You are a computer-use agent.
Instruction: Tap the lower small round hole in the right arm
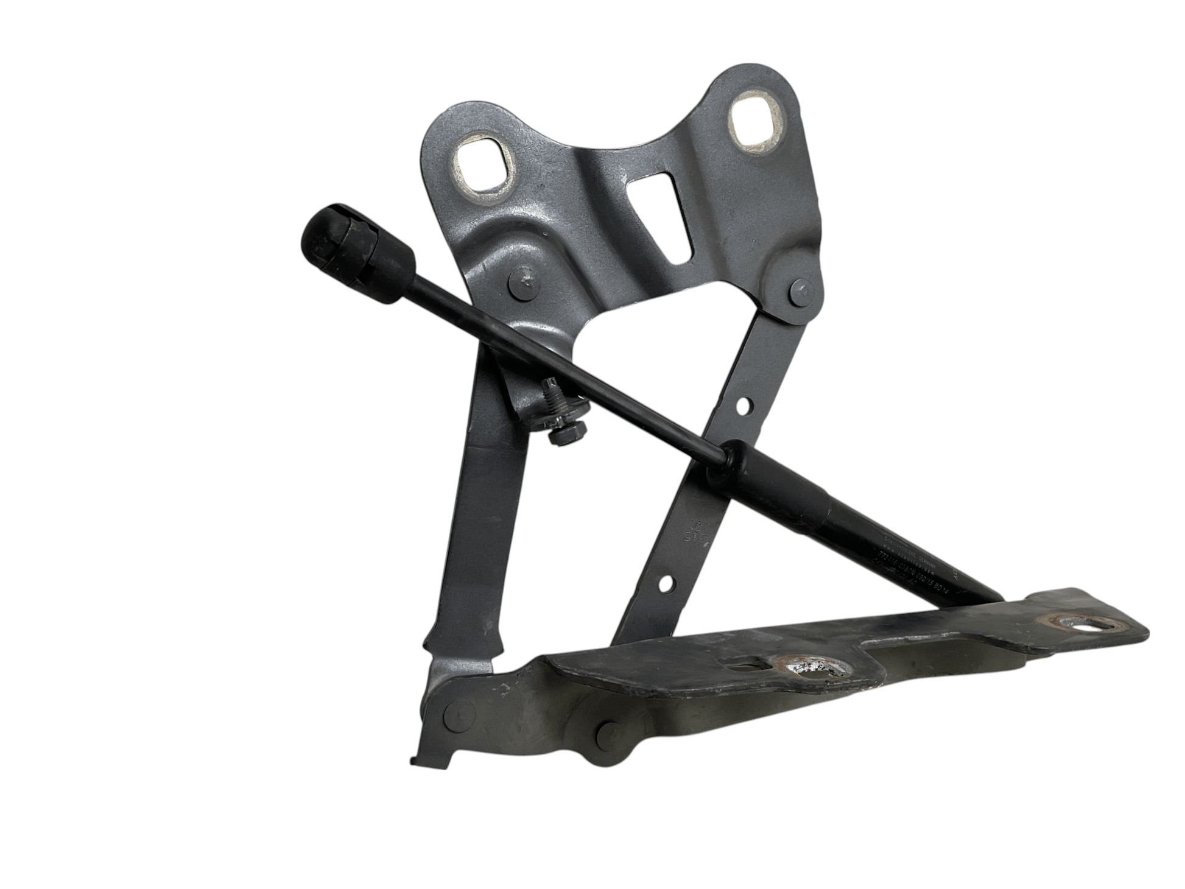click(x=666, y=585)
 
